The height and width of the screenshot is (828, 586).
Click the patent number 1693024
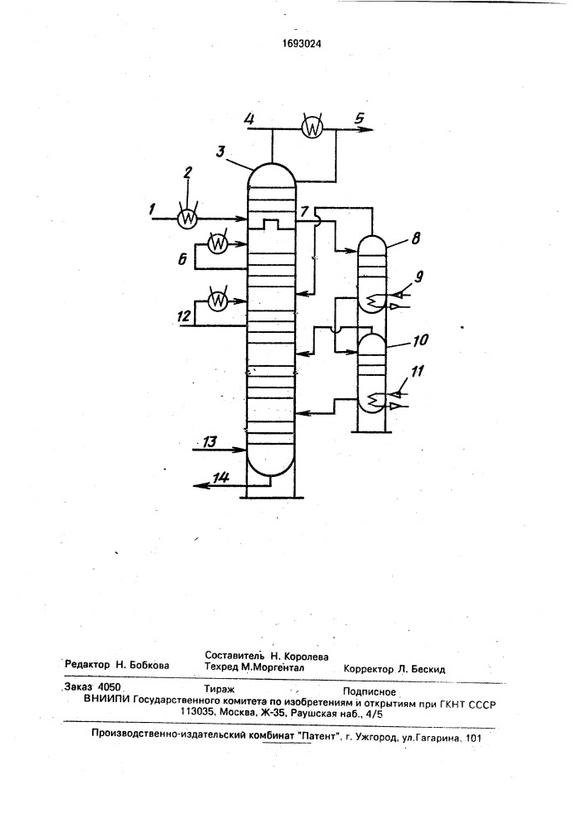tap(300, 45)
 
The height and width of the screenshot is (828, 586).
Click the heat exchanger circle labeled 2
tap(186, 218)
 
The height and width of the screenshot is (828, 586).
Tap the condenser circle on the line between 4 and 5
tap(312, 128)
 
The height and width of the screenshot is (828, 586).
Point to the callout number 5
tap(360, 118)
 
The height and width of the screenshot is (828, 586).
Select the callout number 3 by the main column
tap(221, 152)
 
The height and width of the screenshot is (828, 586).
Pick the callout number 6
tap(182, 260)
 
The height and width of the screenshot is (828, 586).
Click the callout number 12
tap(183, 315)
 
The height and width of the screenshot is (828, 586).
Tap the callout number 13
tap(211, 441)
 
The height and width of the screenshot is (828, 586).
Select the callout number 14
tap(220, 478)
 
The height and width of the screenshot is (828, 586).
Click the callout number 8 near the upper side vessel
tap(415, 238)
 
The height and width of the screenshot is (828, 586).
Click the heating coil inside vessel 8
tap(374, 300)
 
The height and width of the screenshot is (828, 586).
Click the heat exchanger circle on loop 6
tap(216, 243)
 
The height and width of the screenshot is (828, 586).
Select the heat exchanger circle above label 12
tap(216, 301)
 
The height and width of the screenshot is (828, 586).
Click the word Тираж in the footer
tap(219, 689)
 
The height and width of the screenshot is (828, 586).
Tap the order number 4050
tap(110, 687)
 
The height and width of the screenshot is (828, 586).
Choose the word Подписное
tap(370, 691)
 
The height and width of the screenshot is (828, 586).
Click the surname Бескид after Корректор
tap(428, 670)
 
